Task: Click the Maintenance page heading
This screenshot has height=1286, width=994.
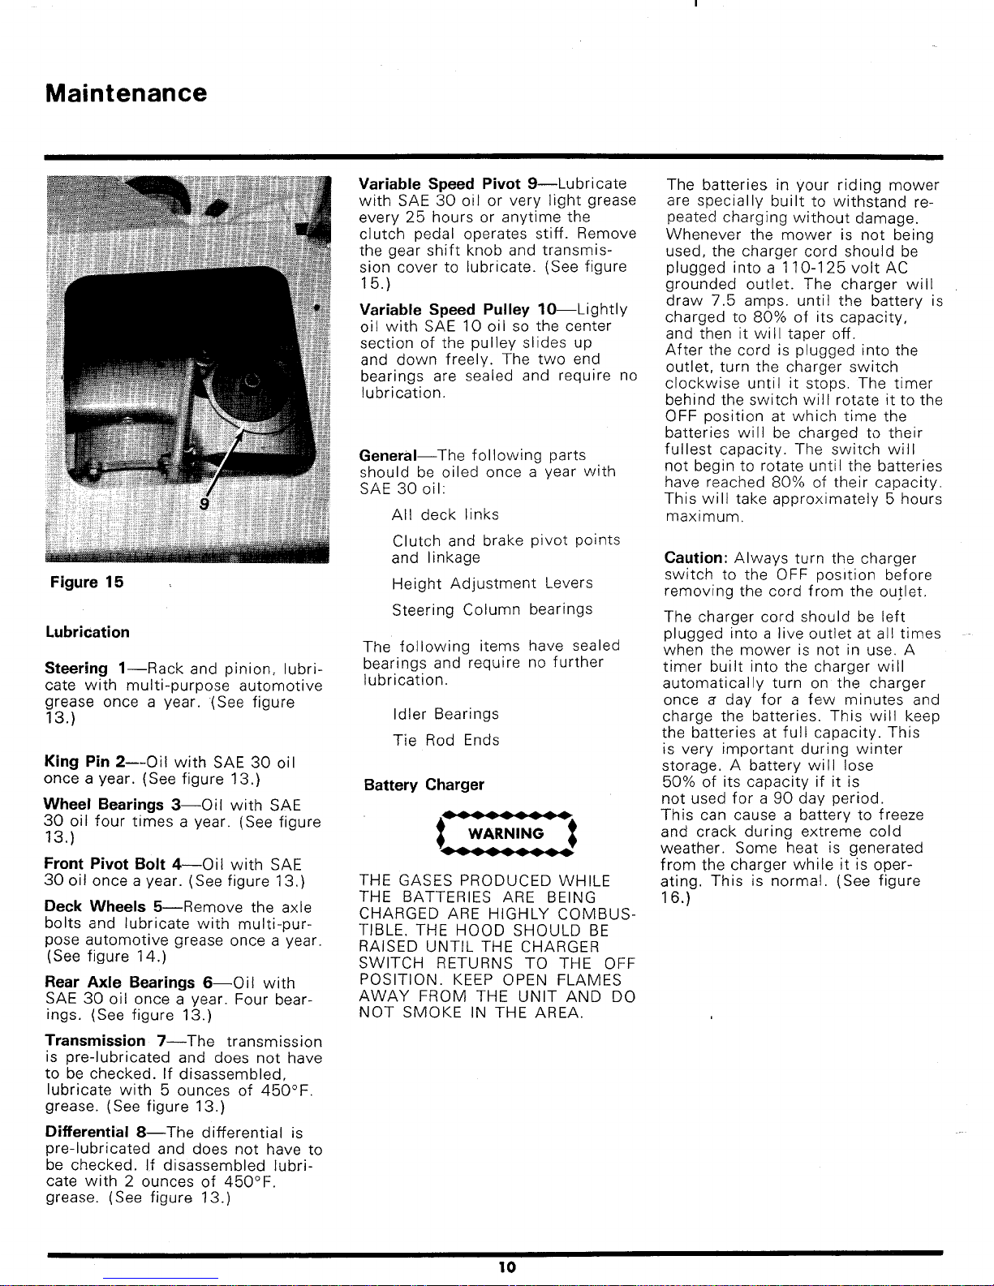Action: (127, 93)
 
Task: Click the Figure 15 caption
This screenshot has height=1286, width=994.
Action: (86, 582)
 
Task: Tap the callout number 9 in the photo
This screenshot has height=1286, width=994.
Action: (204, 504)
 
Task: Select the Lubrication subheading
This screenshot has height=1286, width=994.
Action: (87, 632)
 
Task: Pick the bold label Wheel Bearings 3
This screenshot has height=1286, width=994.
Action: (112, 805)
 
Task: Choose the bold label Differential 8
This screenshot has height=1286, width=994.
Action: (96, 1132)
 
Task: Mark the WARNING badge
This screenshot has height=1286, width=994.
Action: (506, 833)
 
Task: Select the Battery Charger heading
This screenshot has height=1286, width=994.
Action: (424, 785)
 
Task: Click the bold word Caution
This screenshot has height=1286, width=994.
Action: (695, 558)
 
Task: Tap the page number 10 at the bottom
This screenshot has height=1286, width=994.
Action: (507, 1268)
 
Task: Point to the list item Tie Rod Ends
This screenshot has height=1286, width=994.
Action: (445, 740)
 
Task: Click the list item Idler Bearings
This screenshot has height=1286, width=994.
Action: (445, 714)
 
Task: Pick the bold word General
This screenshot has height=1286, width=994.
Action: (388, 455)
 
